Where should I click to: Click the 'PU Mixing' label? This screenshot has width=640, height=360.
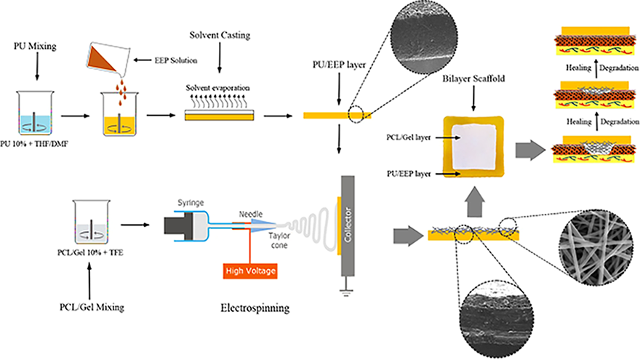coord(31,47)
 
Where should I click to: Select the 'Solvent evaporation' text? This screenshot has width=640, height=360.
coord(215,88)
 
